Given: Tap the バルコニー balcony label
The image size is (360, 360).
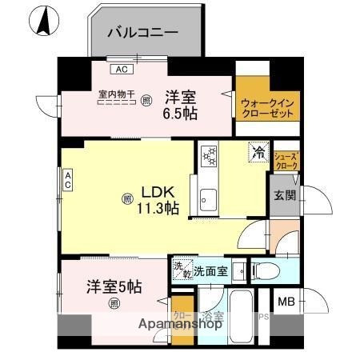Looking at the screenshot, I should click(x=143, y=34).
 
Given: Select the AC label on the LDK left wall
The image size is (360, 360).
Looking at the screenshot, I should click(x=69, y=180).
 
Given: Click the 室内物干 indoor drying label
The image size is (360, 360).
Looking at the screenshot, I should click(x=115, y=94).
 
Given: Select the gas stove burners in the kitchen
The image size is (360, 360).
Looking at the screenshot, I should click(x=210, y=154).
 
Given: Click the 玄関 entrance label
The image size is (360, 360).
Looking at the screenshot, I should click(x=284, y=194).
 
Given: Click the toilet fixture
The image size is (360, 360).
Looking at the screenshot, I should click(x=268, y=270).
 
